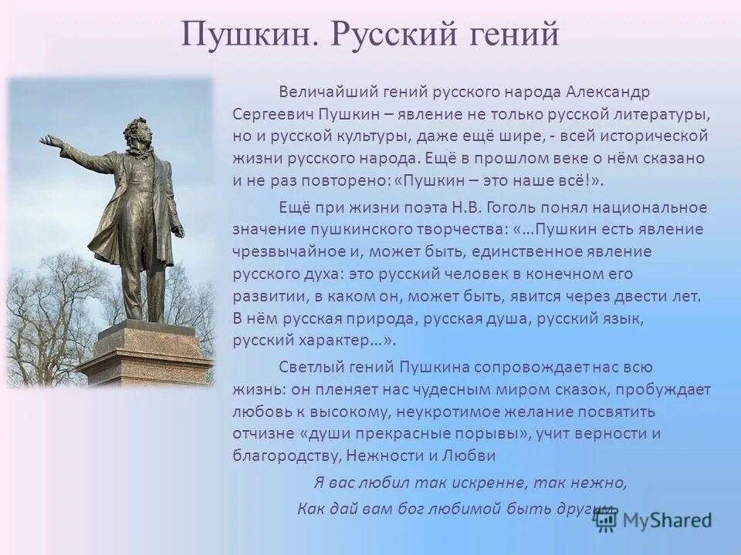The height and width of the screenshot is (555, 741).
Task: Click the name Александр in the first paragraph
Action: tap(607, 92)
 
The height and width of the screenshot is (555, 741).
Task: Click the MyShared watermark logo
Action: tap(653, 521)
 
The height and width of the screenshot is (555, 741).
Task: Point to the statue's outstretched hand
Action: tap(51, 141)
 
